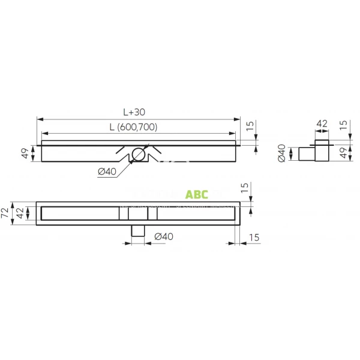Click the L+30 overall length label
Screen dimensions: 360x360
(135, 112)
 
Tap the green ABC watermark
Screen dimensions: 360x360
(196, 195)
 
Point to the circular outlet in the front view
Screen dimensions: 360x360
(139, 154)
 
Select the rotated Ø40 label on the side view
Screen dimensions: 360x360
(281, 154)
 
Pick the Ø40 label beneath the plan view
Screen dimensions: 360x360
(164, 237)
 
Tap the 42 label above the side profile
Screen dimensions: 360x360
(322, 124)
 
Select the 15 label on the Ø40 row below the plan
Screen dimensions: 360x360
(253, 238)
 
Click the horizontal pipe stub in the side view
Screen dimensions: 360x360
(305, 154)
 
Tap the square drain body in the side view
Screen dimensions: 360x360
(321, 152)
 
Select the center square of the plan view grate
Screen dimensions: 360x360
(138, 214)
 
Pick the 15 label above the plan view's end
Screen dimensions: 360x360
(244, 188)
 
